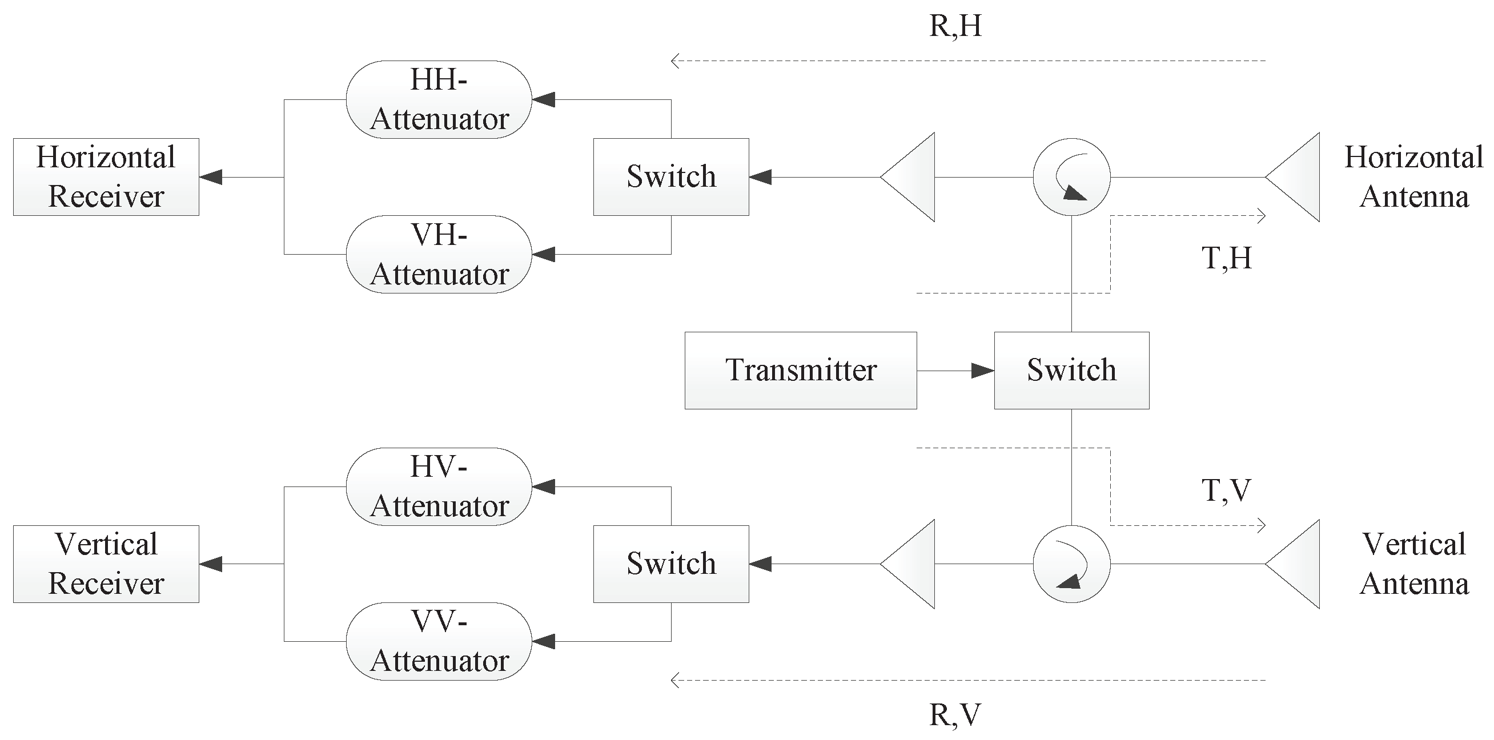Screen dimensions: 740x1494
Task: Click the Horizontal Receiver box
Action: tap(106, 177)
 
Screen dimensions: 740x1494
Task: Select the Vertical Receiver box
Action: tap(106, 564)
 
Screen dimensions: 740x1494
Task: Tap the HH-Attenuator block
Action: tap(439, 100)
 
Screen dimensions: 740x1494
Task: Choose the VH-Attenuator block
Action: tap(439, 254)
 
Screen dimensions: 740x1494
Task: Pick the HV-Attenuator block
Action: tap(439, 486)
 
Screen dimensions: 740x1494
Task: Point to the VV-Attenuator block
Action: tap(439, 641)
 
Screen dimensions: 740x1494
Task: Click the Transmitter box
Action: tap(800, 371)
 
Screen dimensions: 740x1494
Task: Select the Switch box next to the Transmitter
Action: tap(1071, 371)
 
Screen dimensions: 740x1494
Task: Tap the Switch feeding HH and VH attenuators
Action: tap(671, 177)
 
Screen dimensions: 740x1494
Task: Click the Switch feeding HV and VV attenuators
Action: tap(671, 564)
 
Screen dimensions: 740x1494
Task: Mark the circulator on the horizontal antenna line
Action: tap(1071, 177)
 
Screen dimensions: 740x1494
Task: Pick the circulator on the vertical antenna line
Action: tap(1071, 564)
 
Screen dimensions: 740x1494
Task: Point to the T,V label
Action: tap(1226, 490)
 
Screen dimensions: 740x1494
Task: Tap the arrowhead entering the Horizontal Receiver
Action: tap(211, 177)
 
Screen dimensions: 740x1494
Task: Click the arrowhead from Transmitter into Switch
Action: tap(982, 371)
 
